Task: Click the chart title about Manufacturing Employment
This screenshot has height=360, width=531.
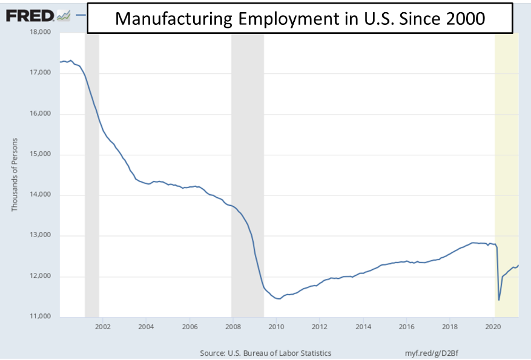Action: click(x=300, y=18)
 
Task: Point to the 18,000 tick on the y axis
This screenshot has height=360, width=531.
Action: click(x=43, y=32)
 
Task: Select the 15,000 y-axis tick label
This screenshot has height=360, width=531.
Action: click(x=43, y=154)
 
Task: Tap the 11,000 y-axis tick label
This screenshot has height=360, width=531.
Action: click(x=43, y=317)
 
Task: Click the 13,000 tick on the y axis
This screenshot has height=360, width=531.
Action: click(x=43, y=236)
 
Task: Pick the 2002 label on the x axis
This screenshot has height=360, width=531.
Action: click(x=102, y=327)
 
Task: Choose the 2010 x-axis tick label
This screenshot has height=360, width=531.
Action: click(x=275, y=327)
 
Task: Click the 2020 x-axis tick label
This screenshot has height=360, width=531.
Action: click(x=493, y=327)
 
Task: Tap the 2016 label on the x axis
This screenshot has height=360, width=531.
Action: click(x=406, y=327)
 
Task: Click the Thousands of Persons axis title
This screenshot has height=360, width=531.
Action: click(x=15, y=174)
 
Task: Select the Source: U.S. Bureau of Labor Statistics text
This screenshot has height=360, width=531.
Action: click(x=265, y=353)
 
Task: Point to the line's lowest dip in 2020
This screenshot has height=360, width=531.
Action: click(x=499, y=299)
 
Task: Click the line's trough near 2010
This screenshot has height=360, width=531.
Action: click(x=278, y=298)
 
